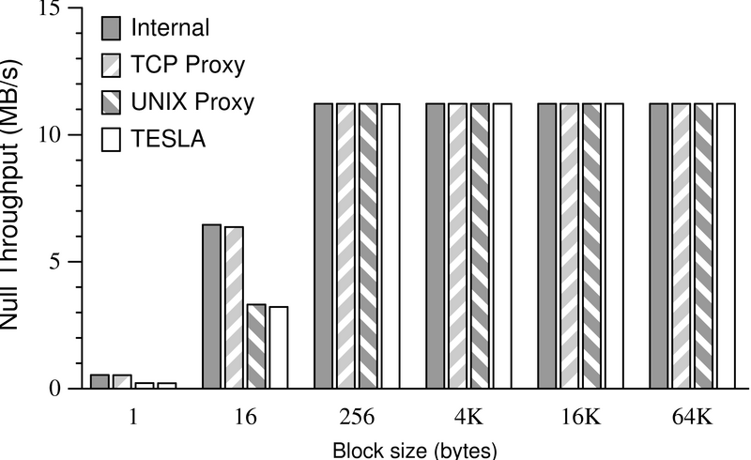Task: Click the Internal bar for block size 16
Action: [211, 306]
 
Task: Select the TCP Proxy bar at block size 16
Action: [234, 307]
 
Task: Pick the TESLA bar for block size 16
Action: [278, 346]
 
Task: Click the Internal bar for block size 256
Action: [323, 245]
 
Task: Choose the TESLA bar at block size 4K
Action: [501, 245]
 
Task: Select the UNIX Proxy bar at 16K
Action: [591, 245]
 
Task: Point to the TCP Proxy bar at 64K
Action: [681, 245]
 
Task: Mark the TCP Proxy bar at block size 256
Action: [345, 245]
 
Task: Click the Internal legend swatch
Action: [111, 28]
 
